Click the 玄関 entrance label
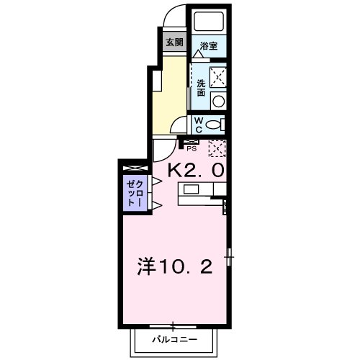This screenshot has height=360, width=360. [x=174, y=42]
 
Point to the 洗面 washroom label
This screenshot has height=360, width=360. [x=201, y=88]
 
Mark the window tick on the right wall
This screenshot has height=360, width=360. [x=229, y=255]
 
